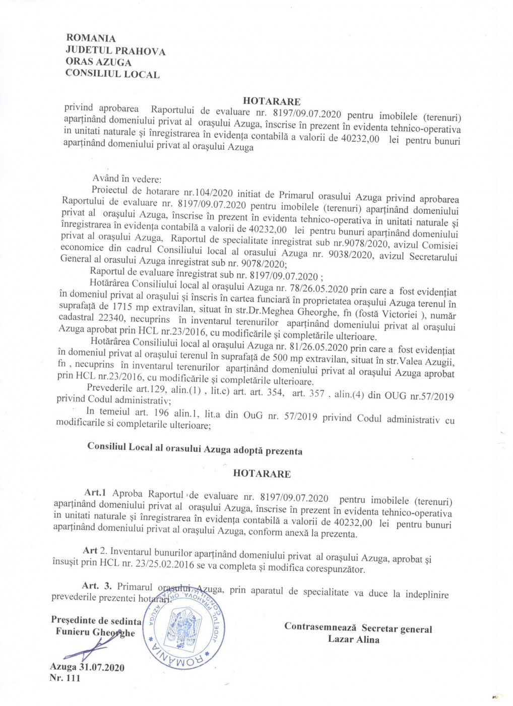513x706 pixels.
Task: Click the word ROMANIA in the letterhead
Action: (91, 38)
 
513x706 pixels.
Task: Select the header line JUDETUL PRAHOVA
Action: (115, 50)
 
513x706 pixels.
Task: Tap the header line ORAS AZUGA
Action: (98, 62)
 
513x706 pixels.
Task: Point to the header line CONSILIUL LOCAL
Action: (112, 74)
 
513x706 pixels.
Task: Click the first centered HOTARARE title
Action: (272, 101)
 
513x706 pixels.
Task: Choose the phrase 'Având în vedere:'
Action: (126, 179)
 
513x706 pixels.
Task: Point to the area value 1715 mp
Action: (127, 307)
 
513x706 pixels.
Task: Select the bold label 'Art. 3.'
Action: (97, 586)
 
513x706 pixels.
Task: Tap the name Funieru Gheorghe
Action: (95, 632)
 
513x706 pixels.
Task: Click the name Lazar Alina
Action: (354, 639)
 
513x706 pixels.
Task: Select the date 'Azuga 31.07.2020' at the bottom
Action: (87, 667)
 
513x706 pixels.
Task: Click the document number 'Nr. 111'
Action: (65, 678)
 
